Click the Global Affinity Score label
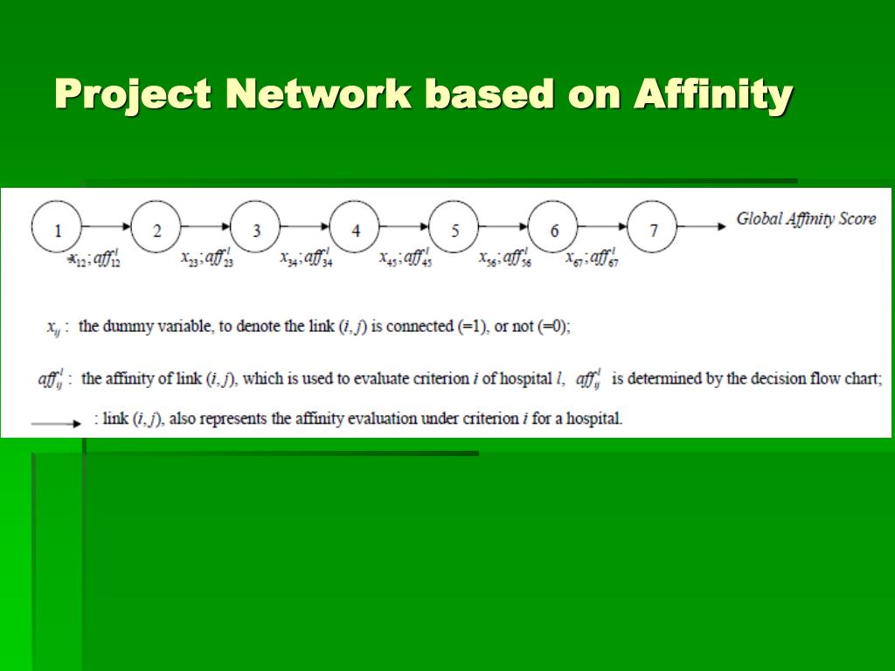click(806, 219)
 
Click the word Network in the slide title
click(318, 93)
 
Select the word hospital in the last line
click(594, 419)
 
